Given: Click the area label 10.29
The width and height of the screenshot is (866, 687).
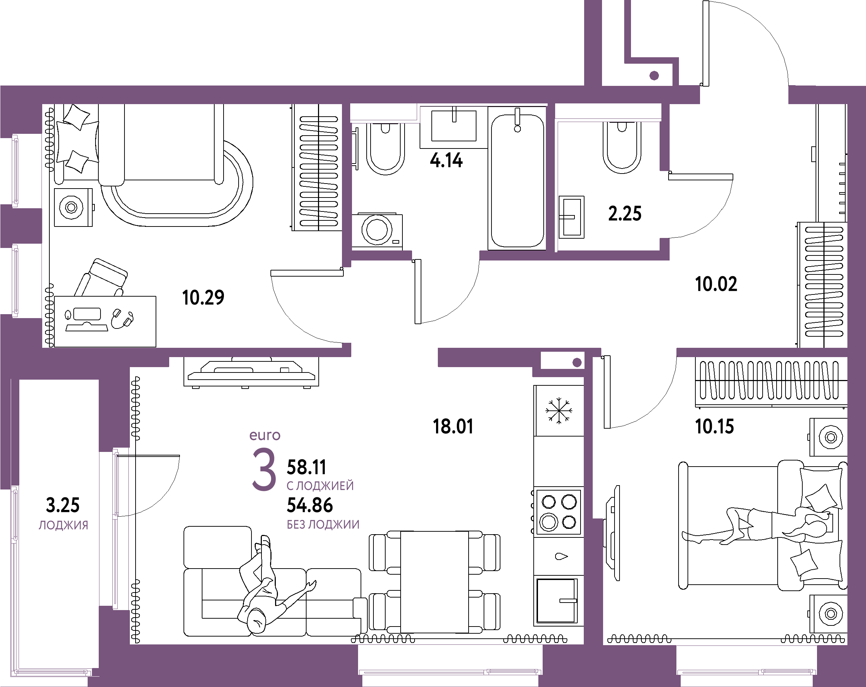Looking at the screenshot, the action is [203, 298].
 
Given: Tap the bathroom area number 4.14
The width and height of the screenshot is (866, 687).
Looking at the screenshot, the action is [446, 160].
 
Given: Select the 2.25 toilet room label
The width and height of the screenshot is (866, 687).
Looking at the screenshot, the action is [625, 213].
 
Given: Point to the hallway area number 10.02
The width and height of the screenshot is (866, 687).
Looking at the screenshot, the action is [716, 284].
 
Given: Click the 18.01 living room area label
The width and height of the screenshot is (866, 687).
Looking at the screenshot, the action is [453, 426].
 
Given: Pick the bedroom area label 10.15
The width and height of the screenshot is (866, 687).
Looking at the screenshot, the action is [714, 426].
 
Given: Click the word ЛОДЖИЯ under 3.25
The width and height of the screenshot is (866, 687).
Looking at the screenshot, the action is [63, 525].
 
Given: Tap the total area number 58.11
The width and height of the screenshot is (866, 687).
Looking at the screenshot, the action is [306, 467].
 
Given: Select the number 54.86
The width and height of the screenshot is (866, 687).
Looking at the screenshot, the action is [310, 505].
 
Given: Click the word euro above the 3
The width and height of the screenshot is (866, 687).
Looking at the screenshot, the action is [265, 435].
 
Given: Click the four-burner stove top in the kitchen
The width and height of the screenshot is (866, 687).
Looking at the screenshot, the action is [558, 512].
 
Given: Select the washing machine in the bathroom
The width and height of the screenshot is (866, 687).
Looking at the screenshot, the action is [377, 231].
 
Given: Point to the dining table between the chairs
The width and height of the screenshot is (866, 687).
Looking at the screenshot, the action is [434, 582].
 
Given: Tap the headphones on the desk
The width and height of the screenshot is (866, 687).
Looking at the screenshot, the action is [122, 318].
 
